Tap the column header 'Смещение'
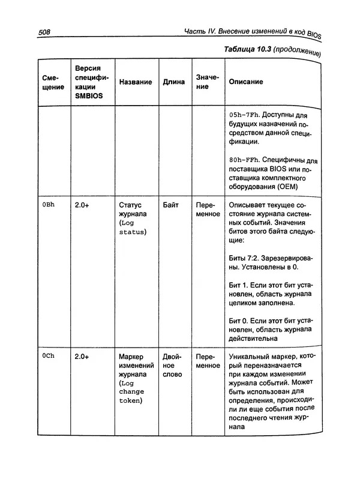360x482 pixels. click(53, 82)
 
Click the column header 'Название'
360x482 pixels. click(135, 82)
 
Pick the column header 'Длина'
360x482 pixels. click(174, 82)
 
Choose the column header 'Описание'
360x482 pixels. click(247, 82)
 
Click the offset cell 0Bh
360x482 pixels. click(49, 205)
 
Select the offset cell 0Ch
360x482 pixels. click(49, 356)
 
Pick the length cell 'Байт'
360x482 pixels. click(171, 205)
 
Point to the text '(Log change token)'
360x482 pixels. click(132, 392)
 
